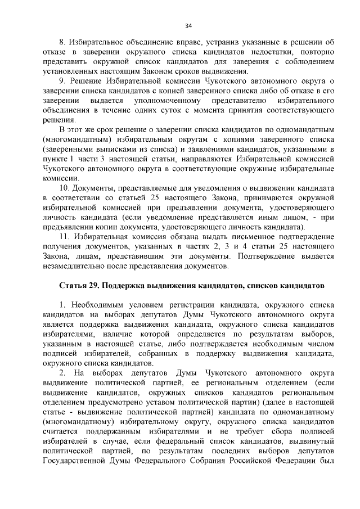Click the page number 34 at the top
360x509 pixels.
click(x=188, y=25)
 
